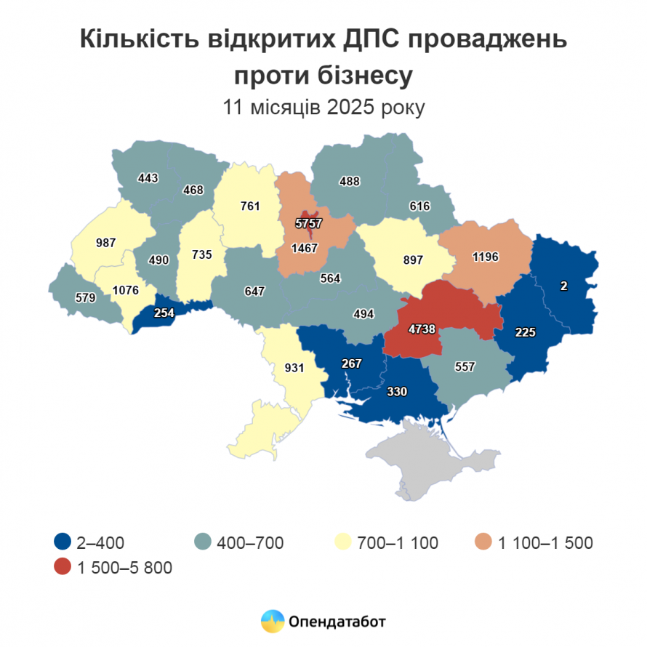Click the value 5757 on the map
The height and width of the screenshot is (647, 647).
pos(308,223)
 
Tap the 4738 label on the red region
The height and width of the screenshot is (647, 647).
pos(422,329)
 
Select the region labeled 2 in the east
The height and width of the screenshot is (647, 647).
pos(563,286)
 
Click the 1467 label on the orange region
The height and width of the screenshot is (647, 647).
pos(305,249)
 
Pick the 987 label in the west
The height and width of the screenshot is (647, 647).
pos(106,243)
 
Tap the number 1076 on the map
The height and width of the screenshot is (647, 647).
pos(126,290)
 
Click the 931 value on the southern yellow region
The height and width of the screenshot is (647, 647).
pos(294,368)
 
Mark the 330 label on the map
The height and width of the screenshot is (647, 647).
pos(397,391)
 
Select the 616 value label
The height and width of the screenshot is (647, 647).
pos(420,207)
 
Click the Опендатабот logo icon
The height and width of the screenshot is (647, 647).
pos(272,621)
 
